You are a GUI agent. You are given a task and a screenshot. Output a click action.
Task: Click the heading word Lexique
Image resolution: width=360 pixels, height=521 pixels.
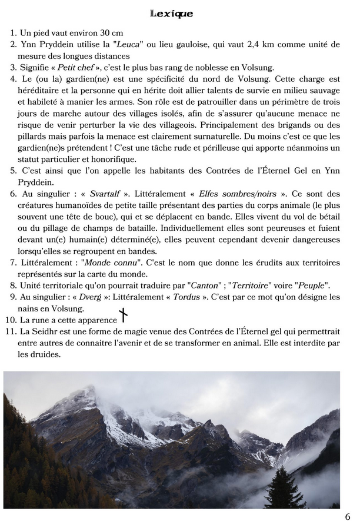(x=172, y=13)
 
